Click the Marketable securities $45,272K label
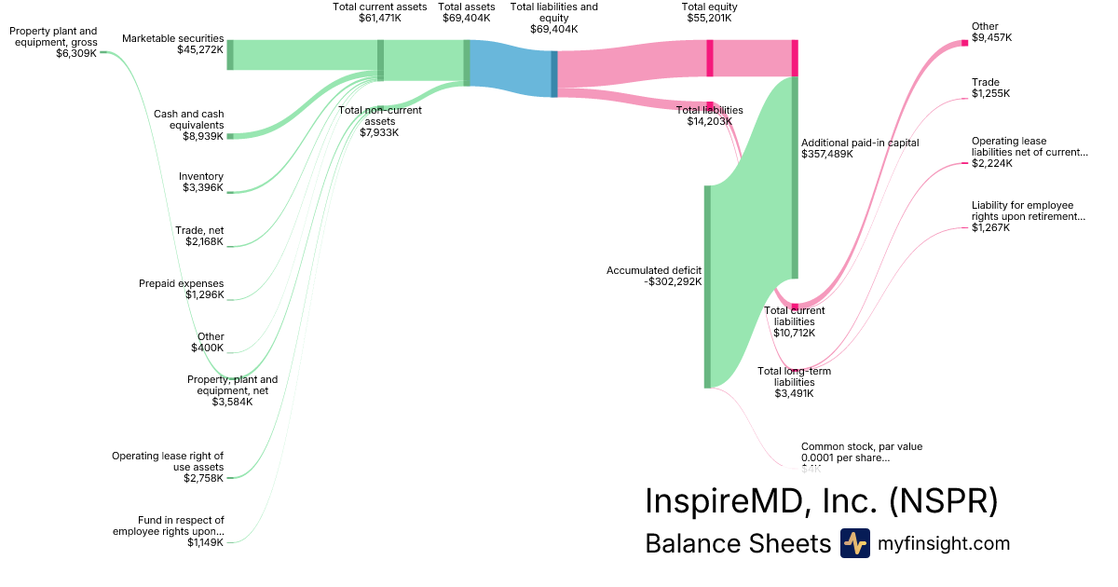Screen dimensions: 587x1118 pyautogui.click(x=172, y=44)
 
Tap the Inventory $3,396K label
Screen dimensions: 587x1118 pyautogui.click(x=200, y=182)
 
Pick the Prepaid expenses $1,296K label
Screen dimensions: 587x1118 pyautogui.click(x=181, y=289)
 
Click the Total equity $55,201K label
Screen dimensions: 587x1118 pyautogui.click(x=709, y=12)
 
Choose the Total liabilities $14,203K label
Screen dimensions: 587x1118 pyautogui.click(x=709, y=116)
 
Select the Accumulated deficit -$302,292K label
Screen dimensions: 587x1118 pyautogui.click(x=653, y=276)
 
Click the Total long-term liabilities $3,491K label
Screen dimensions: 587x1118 pyautogui.click(x=795, y=382)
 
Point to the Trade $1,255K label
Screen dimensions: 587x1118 pyautogui.click(x=990, y=88)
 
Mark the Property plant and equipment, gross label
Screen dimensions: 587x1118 pyautogui.click(x=53, y=42)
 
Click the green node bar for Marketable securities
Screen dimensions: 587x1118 pyautogui.click(x=230, y=55)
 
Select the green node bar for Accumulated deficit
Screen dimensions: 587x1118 pyautogui.click(x=707, y=286)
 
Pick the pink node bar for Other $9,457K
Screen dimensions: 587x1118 pyautogui.click(x=964, y=43)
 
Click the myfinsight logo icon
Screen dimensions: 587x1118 pyautogui.click(x=854, y=543)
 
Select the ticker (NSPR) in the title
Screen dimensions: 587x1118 pyautogui.click(x=943, y=501)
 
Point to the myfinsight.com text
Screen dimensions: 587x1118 pyautogui.click(x=944, y=543)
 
